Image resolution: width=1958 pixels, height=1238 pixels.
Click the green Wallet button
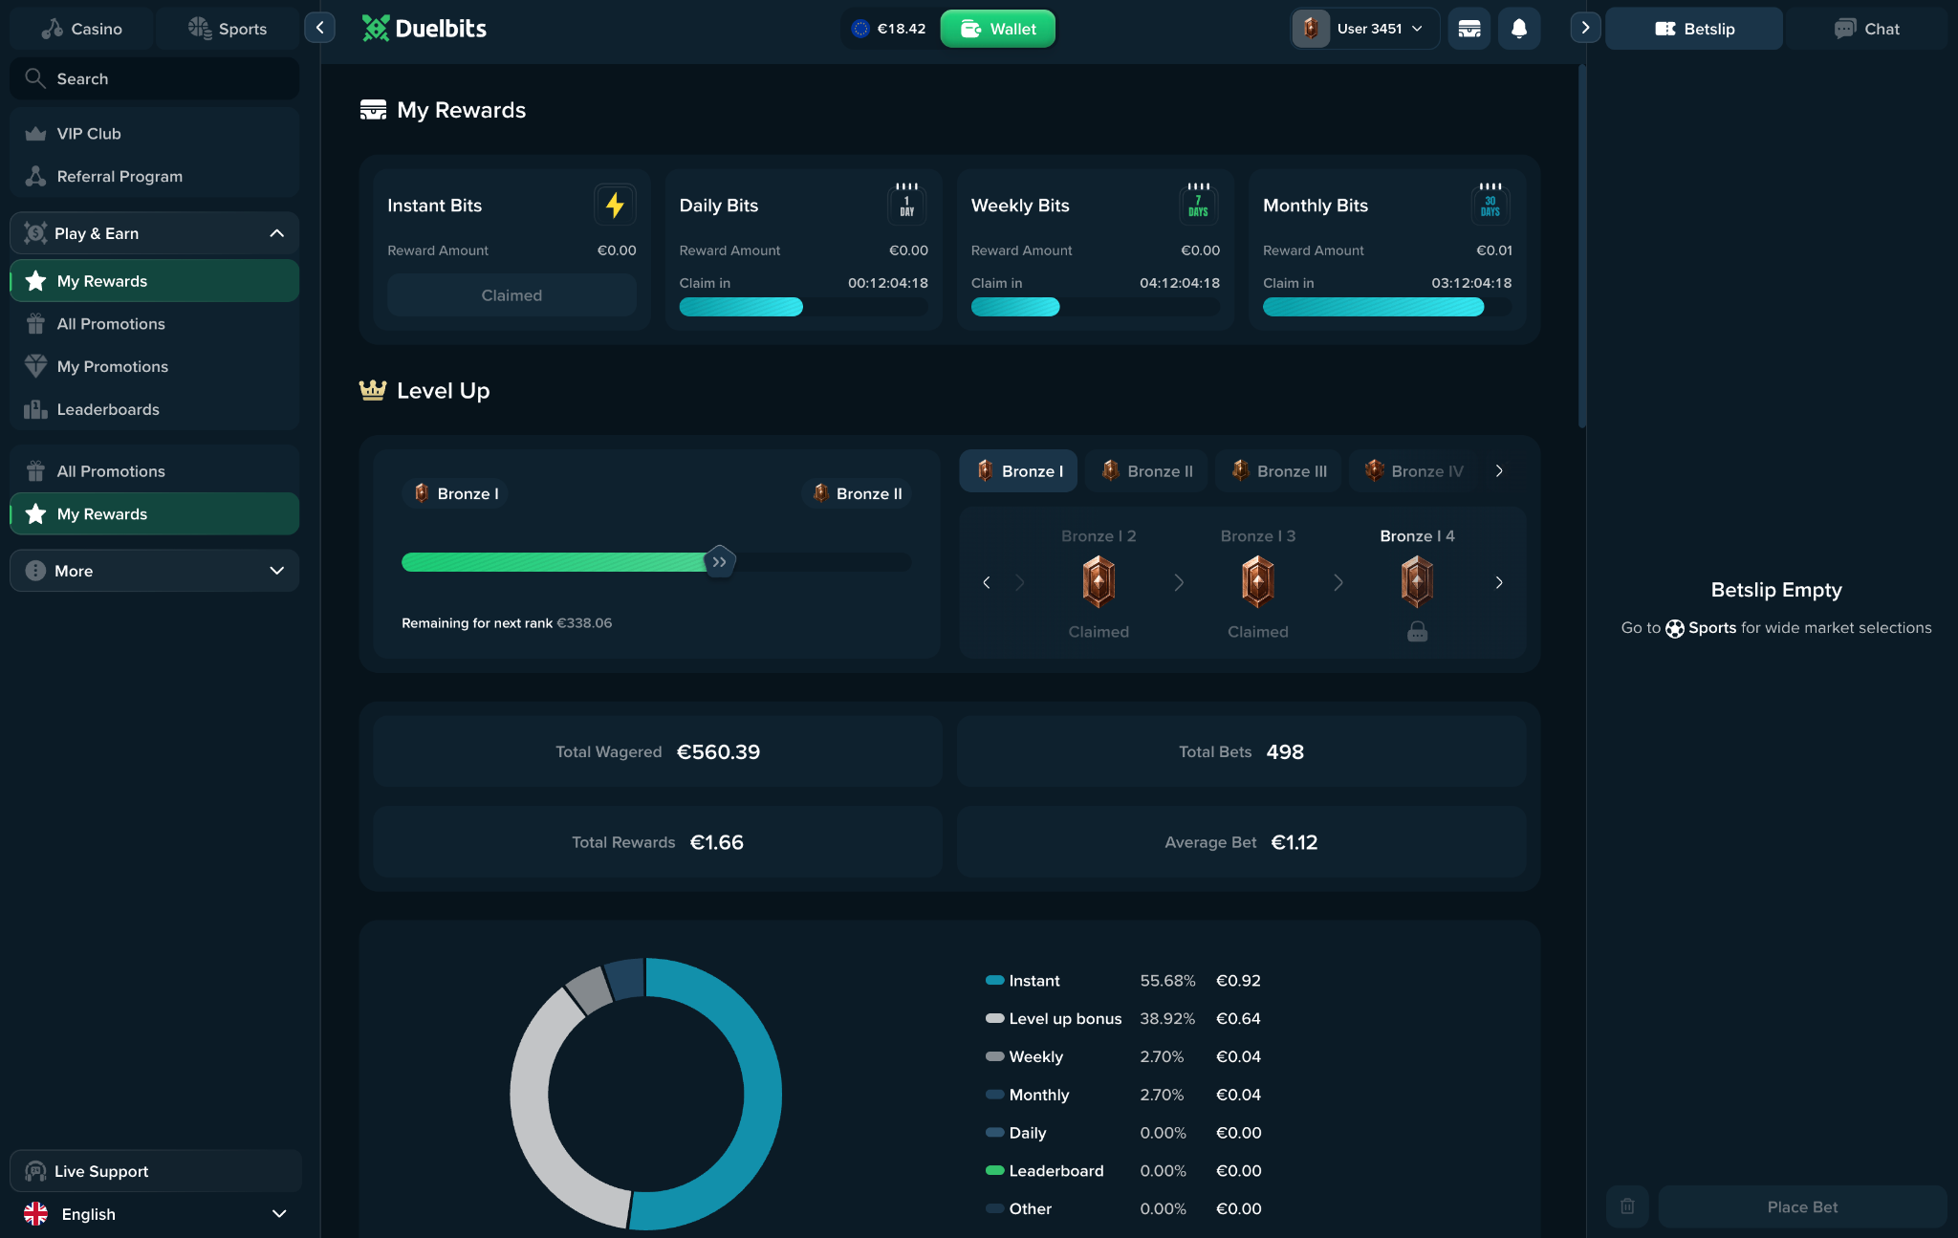[997, 29]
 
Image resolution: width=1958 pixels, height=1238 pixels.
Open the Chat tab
[1866, 29]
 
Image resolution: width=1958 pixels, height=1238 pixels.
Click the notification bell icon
[1518, 29]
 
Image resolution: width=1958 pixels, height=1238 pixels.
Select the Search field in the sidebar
[154, 78]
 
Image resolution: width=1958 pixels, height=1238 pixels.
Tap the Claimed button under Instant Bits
[511, 295]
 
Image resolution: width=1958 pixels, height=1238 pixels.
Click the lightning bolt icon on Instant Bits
[615, 205]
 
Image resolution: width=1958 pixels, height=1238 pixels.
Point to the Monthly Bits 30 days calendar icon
[1490, 203]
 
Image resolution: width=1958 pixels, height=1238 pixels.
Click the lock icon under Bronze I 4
[1417, 632]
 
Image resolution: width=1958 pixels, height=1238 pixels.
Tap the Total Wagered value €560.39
[718, 752]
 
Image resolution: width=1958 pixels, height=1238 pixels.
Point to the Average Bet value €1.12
[1294, 842]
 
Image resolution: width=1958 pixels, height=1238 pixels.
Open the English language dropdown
[156, 1214]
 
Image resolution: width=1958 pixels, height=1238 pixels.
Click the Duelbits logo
[424, 29]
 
